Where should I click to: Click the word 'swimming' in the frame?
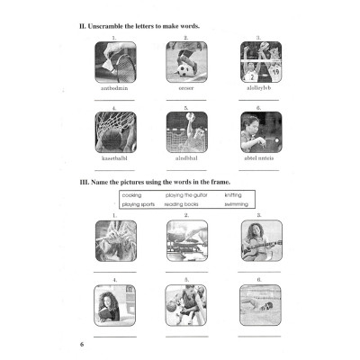point(237,204)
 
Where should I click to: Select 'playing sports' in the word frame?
point(138,204)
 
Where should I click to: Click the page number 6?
point(81,345)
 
